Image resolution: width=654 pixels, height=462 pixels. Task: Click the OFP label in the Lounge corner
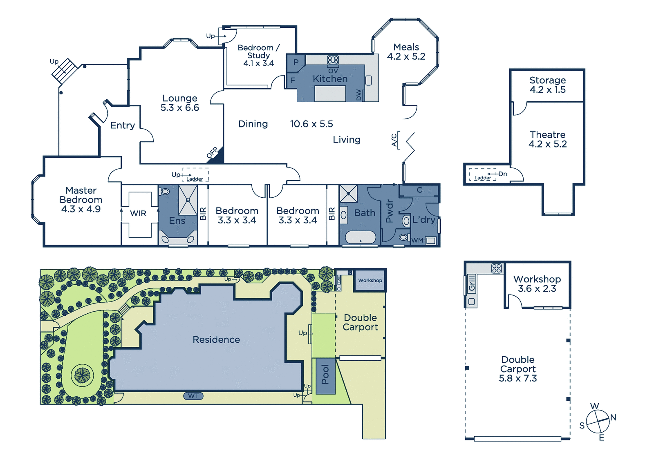click(x=212, y=152)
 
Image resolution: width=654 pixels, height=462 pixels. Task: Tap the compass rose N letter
click(x=613, y=417)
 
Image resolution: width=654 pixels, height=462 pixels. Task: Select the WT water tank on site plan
click(x=193, y=396)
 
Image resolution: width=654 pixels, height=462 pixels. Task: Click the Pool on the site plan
click(x=325, y=376)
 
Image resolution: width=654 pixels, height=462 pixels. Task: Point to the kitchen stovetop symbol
click(x=333, y=60)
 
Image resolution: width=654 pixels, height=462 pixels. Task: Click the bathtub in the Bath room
click(x=361, y=237)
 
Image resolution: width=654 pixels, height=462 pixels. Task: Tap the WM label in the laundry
click(x=417, y=240)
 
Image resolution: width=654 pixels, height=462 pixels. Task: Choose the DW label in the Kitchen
click(x=359, y=95)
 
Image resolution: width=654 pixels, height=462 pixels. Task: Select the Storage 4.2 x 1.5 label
click(x=548, y=85)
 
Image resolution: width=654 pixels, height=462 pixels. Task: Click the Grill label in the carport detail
click(x=472, y=283)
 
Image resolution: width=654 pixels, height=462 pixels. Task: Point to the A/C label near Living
click(x=394, y=140)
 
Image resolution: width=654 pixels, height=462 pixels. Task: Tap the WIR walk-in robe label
click(x=138, y=213)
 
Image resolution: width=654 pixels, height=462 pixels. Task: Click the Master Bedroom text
click(x=81, y=195)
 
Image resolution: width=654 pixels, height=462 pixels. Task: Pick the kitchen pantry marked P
click(x=296, y=62)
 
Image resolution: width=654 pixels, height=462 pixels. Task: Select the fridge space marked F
click(x=293, y=80)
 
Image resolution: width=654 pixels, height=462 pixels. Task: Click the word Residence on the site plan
click(x=216, y=339)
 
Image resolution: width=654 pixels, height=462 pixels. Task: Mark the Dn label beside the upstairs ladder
click(x=502, y=174)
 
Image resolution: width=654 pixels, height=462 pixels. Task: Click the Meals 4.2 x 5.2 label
click(x=406, y=51)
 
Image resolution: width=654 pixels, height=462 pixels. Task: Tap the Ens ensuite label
click(x=177, y=221)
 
